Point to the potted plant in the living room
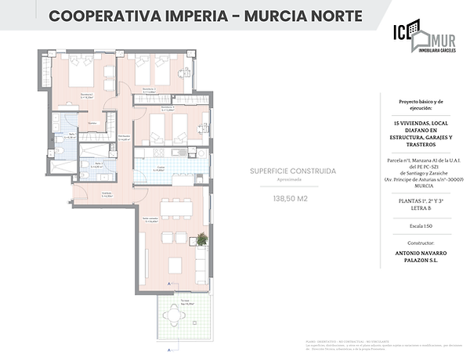[201, 239]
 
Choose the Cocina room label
[159, 167]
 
